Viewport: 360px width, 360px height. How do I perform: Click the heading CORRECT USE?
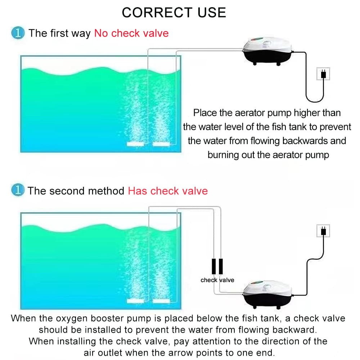tap(174, 13)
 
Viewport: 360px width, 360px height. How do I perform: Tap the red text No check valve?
tap(131, 33)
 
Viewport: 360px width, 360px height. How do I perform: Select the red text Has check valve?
tap(168, 191)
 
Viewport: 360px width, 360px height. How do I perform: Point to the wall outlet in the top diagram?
tap(323, 74)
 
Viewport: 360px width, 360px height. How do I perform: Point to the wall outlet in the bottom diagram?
tap(323, 230)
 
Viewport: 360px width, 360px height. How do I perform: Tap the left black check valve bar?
tap(214, 267)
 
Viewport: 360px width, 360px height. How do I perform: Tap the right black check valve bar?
tap(221, 267)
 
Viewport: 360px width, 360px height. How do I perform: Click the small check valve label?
tap(217, 280)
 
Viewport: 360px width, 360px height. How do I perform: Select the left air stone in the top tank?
tap(135, 144)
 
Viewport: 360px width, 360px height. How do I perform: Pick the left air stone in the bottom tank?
tap(135, 301)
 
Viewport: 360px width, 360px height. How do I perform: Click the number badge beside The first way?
tap(18, 33)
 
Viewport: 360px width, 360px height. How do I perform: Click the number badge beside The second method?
tap(18, 191)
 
